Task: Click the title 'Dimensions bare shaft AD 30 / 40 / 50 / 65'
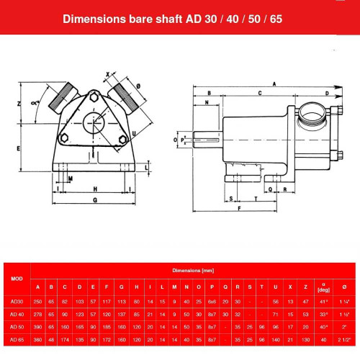(x=180, y=19)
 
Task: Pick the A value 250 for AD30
(x=38, y=300)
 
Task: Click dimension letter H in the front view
(x=94, y=188)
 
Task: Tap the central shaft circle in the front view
(x=95, y=123)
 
